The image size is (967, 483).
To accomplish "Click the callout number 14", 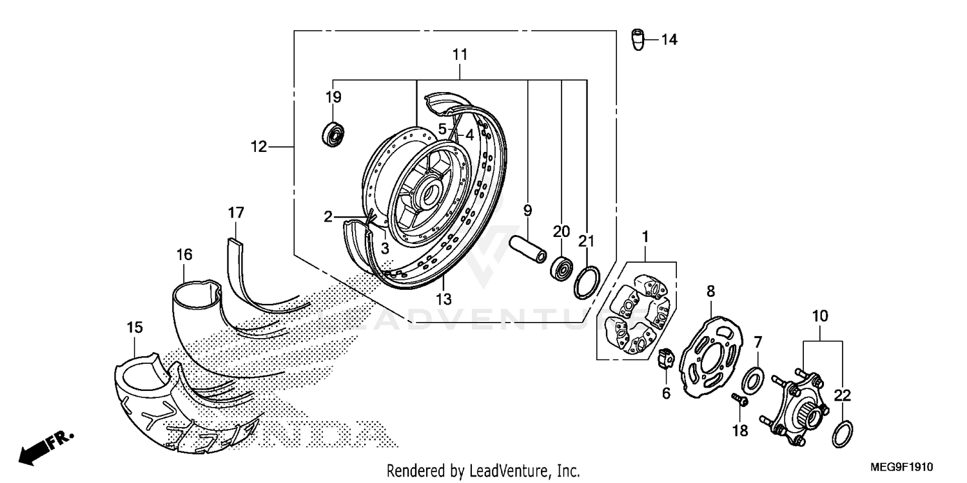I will [x=669, y=40].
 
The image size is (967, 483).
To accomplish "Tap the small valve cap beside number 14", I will [x=638, y=41].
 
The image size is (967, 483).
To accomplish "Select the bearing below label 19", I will [x=334, y=133].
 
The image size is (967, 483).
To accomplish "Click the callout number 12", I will [x=259, y=147].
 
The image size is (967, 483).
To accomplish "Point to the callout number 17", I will [x=236, y=212].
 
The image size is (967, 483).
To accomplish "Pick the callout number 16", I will [x=184, y=255].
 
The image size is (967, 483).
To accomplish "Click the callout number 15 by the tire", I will [x=134, y=328].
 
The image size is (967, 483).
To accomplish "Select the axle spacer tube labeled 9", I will [x=528, y=248].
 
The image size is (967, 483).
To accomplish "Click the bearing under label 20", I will [x=560, y=267].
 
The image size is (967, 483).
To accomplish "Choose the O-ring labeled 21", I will [x=585, y=283].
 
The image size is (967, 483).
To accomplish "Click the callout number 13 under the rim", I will [x=444, y=299].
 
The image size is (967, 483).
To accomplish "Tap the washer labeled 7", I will [x=752, y=381].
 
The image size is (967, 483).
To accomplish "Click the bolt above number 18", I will [x=739, y=401].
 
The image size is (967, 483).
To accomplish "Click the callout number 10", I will [x=820, y=316].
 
